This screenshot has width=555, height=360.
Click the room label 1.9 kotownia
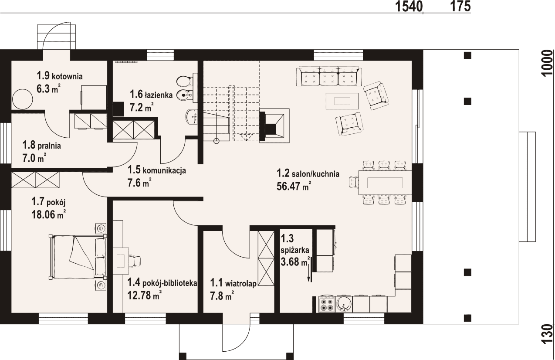(60, 76)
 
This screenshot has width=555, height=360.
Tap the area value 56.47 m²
(294, 186)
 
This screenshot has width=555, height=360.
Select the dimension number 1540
(409, 6)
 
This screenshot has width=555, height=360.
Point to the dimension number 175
(460, 6)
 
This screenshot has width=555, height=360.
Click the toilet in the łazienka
(185, 81)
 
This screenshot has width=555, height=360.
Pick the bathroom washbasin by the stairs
(192, 117)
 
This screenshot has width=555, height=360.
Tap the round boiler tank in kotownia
(23, 99)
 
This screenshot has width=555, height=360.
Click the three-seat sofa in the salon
(329, 76)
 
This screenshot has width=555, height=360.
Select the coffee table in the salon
(342, 101)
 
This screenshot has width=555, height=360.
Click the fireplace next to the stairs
(274, 126)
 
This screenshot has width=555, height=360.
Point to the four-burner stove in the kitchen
(327, 304)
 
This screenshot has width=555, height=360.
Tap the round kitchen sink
(344, 304)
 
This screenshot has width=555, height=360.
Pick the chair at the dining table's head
(354, 182)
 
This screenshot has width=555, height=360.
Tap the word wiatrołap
(240, 283)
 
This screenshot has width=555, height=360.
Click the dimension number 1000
(547, 63)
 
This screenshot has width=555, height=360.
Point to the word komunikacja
(165, 170)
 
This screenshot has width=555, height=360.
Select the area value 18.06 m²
(48, 214)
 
